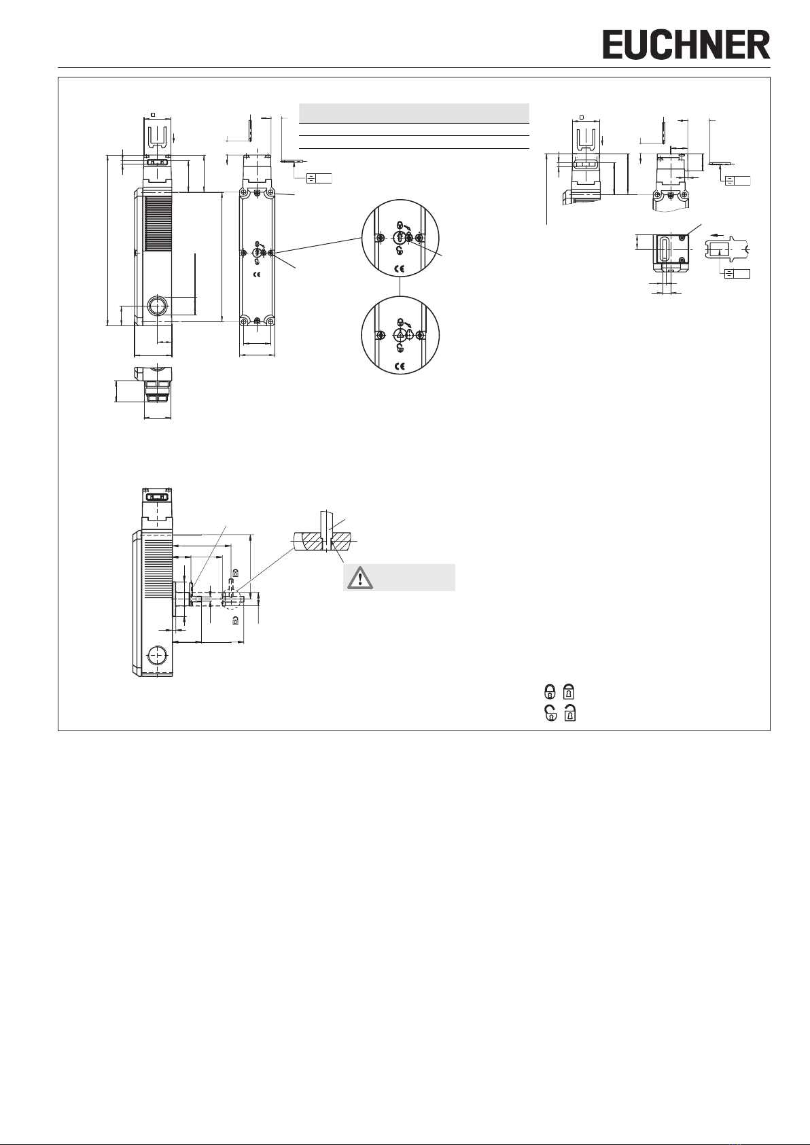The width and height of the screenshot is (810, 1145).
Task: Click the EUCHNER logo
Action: (x=686, y=44)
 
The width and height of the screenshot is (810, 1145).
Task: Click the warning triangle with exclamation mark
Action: (x=360, y=578)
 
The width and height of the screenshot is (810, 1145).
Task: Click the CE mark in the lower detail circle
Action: (x=400, y=366)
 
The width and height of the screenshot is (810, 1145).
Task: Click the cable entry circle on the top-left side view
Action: (x=156, y=306)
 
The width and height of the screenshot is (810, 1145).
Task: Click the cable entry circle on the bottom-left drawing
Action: (x=156, y=655)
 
